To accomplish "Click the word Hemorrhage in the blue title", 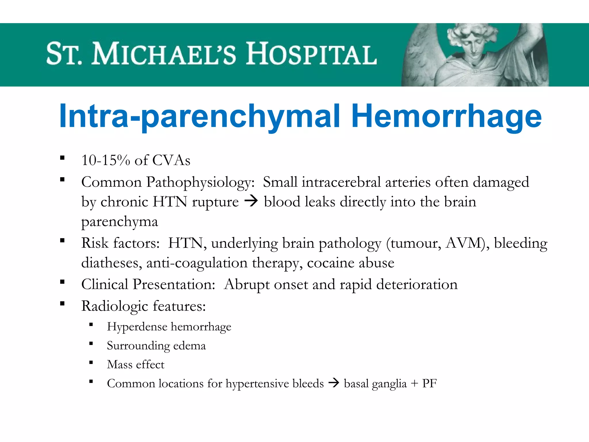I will (x=446, y=117).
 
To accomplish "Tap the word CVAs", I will (x=171, y=160).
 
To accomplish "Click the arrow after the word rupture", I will (x=251, y=201).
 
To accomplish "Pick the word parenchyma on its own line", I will (x=120, y=222).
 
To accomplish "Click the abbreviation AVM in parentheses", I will (x=463, y=243).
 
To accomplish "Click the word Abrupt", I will (x=246, y=285).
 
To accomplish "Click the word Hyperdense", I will (x=137, y=327).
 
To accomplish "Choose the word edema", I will (x=190, y=346).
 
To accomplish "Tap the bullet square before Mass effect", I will (x=91, y=363).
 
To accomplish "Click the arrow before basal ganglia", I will (x=334, y=383).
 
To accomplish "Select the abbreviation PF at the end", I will (x=429, y=383).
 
